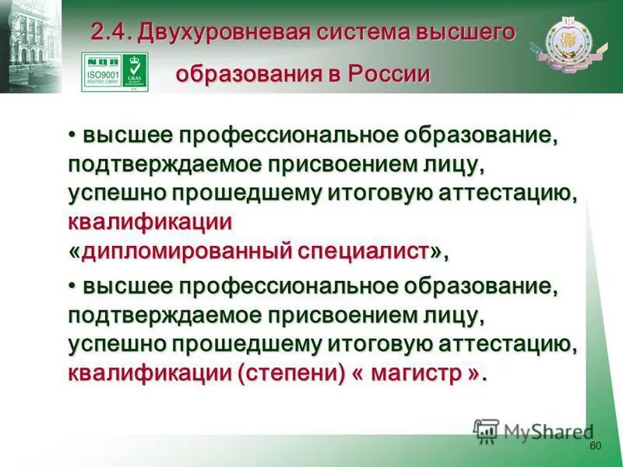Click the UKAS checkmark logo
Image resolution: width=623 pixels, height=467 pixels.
pos(136,72)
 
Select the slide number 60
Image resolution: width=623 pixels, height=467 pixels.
pos(596,445)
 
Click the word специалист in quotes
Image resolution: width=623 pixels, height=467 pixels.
pos(361,251)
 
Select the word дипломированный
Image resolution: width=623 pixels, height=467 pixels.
pos(186,251)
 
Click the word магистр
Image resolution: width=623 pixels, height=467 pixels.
pos(419,372)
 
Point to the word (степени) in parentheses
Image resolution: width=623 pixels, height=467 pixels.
pos(288,372)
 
